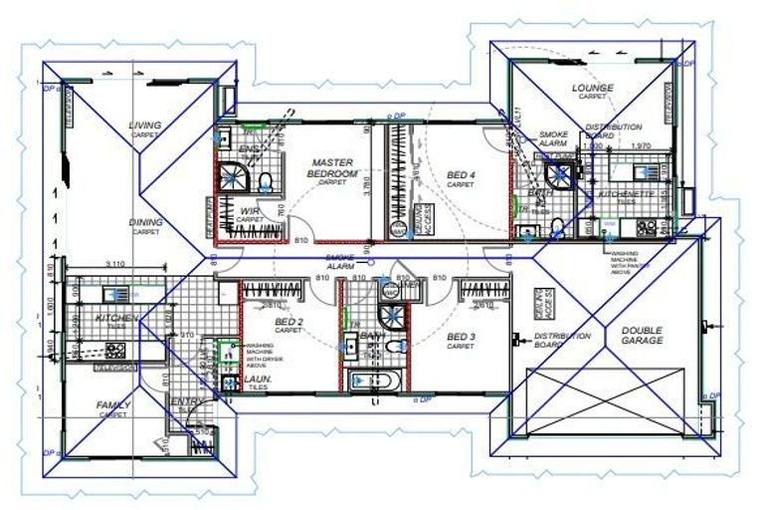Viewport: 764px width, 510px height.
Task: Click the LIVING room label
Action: click(145, 126)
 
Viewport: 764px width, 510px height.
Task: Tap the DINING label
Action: click(145, 222)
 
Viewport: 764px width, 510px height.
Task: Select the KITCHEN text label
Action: click(114, 318)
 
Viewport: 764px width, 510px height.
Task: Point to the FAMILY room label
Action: click(112, 405)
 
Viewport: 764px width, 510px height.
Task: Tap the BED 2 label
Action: click(288, 323)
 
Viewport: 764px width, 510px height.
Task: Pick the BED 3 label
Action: click(461, 337)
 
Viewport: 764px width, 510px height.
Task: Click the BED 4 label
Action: click(460, 175)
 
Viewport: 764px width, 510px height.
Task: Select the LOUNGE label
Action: click(593, 88)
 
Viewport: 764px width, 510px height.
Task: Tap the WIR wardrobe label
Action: click(249, 211)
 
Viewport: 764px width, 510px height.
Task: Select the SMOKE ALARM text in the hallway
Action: click(340, 262)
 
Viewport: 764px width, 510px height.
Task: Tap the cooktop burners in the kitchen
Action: click(115, 350)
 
